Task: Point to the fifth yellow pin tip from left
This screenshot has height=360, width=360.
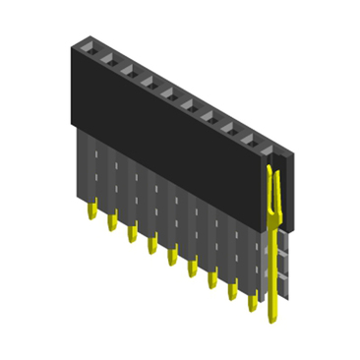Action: point(171,257)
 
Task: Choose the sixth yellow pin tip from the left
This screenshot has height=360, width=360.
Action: point(192,269)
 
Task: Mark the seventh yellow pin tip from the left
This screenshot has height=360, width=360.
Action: point(211,280)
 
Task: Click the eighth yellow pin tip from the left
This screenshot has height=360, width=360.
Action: point(232,292)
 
